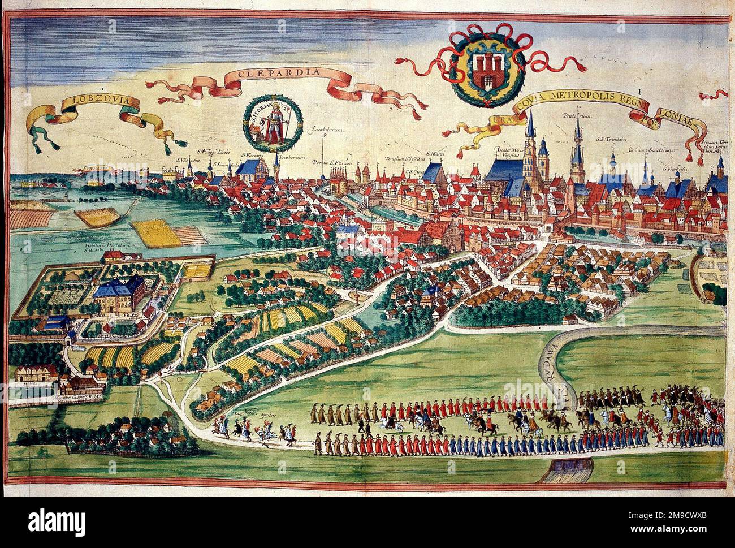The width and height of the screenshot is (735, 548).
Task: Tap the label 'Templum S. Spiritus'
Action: (403, 158)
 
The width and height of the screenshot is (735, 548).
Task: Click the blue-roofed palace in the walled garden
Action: (120, 288)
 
